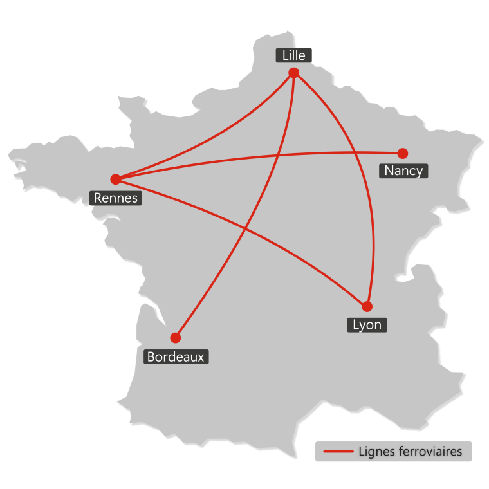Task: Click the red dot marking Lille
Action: [294, 73]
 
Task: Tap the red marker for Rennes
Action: [115, 179]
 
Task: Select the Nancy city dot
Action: [402, 153]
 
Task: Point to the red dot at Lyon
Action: [367, 306]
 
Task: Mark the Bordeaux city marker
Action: [175, 337]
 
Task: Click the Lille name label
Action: [294, 55]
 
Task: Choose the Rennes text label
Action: [116, 198]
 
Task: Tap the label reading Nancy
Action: [403, 171]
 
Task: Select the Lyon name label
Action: [367, 324]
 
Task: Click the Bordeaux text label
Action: [176, 356]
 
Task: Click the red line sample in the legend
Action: [338, 452]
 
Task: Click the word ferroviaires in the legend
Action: [430, 452]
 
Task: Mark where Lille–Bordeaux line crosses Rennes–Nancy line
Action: [278, 155]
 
